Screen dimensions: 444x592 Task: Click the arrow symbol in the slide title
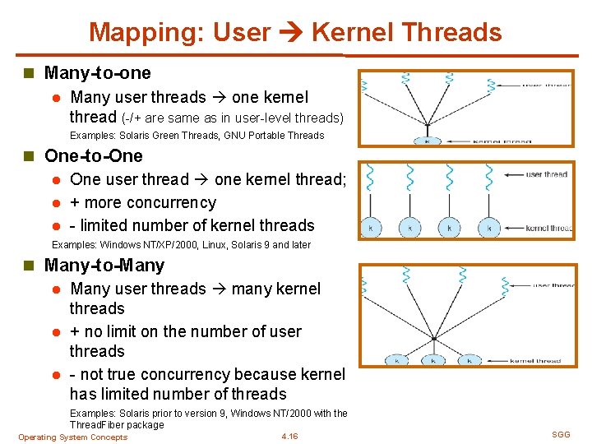click(x=291, y=33)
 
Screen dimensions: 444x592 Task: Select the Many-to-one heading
click(x=97, y=72)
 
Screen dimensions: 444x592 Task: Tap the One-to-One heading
click(x=93, y=156)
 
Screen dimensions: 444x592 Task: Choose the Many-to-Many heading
click(x=104, y=266)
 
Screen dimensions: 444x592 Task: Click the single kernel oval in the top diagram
click(x=427, y=141)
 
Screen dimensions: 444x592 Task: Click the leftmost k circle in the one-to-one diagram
click(x=372, y=228)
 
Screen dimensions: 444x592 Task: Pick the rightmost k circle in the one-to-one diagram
click(x=488, y=228)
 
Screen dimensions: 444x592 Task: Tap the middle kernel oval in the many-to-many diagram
click(x=432, y=360)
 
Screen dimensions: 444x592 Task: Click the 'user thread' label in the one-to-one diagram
click(x=546, y=174)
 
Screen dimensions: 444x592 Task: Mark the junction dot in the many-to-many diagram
click(x=433, y=338)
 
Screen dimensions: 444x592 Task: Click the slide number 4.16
click(x=289, y=437)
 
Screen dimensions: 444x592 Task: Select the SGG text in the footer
click(x=561, y=434)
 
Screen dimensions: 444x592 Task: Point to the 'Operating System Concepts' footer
click(x=73, y=437)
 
